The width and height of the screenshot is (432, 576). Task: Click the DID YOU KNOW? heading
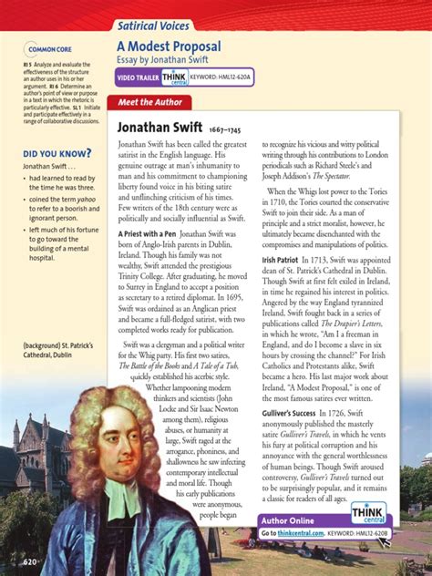point(57,153)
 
